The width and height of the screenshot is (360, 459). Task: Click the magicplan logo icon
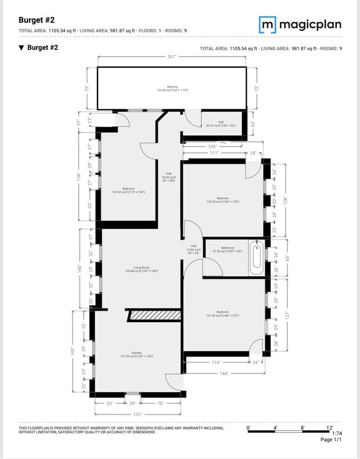[x=268, y=24]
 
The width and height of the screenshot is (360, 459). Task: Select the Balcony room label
[x=173, y=88]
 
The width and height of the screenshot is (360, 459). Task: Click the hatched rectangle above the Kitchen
[x=155, y=315]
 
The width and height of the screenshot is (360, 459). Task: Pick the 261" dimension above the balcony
[x=172, y=57]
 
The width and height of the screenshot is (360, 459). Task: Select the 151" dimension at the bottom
[x=137, y=414]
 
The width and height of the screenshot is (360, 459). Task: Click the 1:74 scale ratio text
[x=336, y=433]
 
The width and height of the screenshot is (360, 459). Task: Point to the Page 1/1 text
[x=331, y=440]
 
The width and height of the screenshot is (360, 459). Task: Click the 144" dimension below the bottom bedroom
[x=224, y=373]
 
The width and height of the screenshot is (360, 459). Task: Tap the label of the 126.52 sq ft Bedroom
[x=223, y=200]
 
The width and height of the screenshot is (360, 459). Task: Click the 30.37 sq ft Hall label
[x=220, y=124]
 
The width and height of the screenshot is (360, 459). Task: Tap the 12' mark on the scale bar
[x=329, y=427]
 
